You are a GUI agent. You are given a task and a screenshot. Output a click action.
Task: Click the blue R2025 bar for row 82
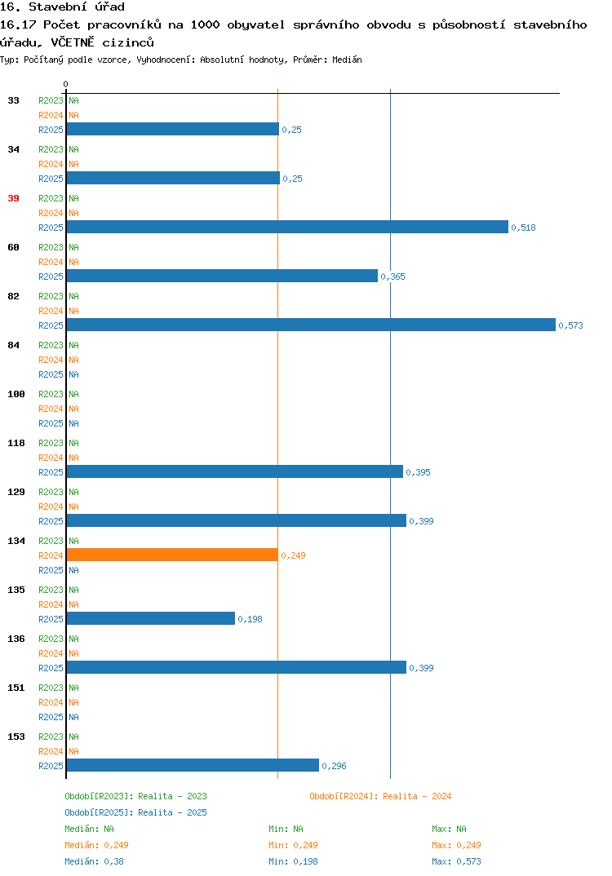pos(311,325)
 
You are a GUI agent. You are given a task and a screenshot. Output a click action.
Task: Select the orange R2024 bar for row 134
pos(172,555)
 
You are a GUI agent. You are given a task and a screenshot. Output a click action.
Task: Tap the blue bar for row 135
pos(150,618)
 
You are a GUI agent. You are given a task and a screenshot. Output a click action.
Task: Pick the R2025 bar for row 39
pos(287,227)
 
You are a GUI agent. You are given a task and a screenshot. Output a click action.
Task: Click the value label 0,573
pos(570,325)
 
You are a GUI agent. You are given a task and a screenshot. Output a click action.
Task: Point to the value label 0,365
pos(393,277)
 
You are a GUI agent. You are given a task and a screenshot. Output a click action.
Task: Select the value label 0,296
pos(335,766)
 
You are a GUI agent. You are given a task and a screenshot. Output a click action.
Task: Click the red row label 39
pos(13,198)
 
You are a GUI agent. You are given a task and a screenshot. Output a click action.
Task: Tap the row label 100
pos(16,394)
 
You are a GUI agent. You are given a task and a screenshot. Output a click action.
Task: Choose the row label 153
pos(16,737)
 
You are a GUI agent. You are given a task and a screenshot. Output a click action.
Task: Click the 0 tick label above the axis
pos(65,84)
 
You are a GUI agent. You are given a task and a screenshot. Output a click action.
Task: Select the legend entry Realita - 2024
pos(380,796)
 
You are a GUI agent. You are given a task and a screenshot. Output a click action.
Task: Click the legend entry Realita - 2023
pos(135,796)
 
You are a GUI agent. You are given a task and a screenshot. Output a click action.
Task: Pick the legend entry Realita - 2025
pos(135,812)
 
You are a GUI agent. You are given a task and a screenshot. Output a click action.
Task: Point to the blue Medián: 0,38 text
pos(95,861)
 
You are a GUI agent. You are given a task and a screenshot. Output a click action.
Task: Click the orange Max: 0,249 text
pos(457,845)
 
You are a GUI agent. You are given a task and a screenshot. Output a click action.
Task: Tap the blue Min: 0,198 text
pos(294,861)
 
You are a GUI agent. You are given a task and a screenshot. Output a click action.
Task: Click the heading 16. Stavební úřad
pos(62,7)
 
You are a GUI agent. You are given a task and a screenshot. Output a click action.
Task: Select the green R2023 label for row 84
pos(51,345)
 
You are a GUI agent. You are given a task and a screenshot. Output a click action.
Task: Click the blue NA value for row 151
pos(73,717)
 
